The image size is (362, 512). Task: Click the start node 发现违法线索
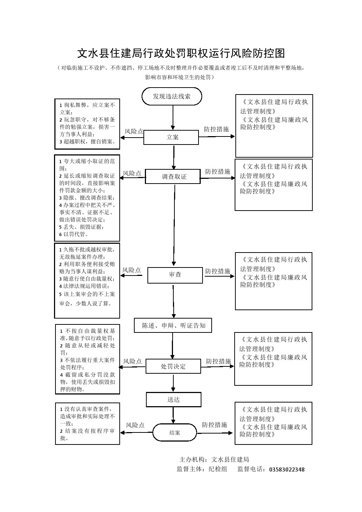172,97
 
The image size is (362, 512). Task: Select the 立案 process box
171,138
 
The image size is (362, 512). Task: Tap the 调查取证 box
173,177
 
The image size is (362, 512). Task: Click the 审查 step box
175,275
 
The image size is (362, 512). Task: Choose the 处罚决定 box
173,366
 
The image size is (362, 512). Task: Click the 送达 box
174,400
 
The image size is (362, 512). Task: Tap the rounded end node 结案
174,432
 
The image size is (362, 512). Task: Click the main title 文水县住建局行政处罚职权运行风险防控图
181,53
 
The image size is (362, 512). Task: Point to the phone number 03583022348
286,469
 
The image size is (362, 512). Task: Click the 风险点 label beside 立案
134,132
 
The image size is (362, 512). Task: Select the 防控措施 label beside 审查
218,271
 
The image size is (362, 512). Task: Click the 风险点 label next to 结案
135,425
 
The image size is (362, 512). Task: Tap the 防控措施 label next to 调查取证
218,172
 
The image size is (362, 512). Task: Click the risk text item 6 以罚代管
74,234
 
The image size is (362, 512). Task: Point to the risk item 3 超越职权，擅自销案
88,142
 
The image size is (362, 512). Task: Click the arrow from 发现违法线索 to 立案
173,118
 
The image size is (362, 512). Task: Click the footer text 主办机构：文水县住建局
214,459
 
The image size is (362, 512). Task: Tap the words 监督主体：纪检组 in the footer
202,469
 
